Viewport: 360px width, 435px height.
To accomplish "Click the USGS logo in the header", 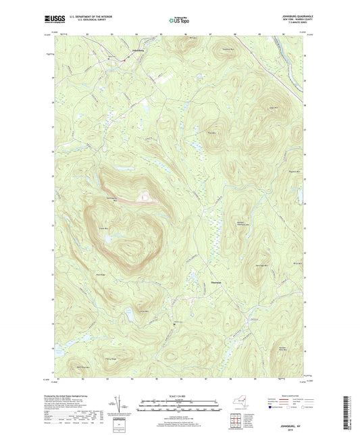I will (x=53, y=20).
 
